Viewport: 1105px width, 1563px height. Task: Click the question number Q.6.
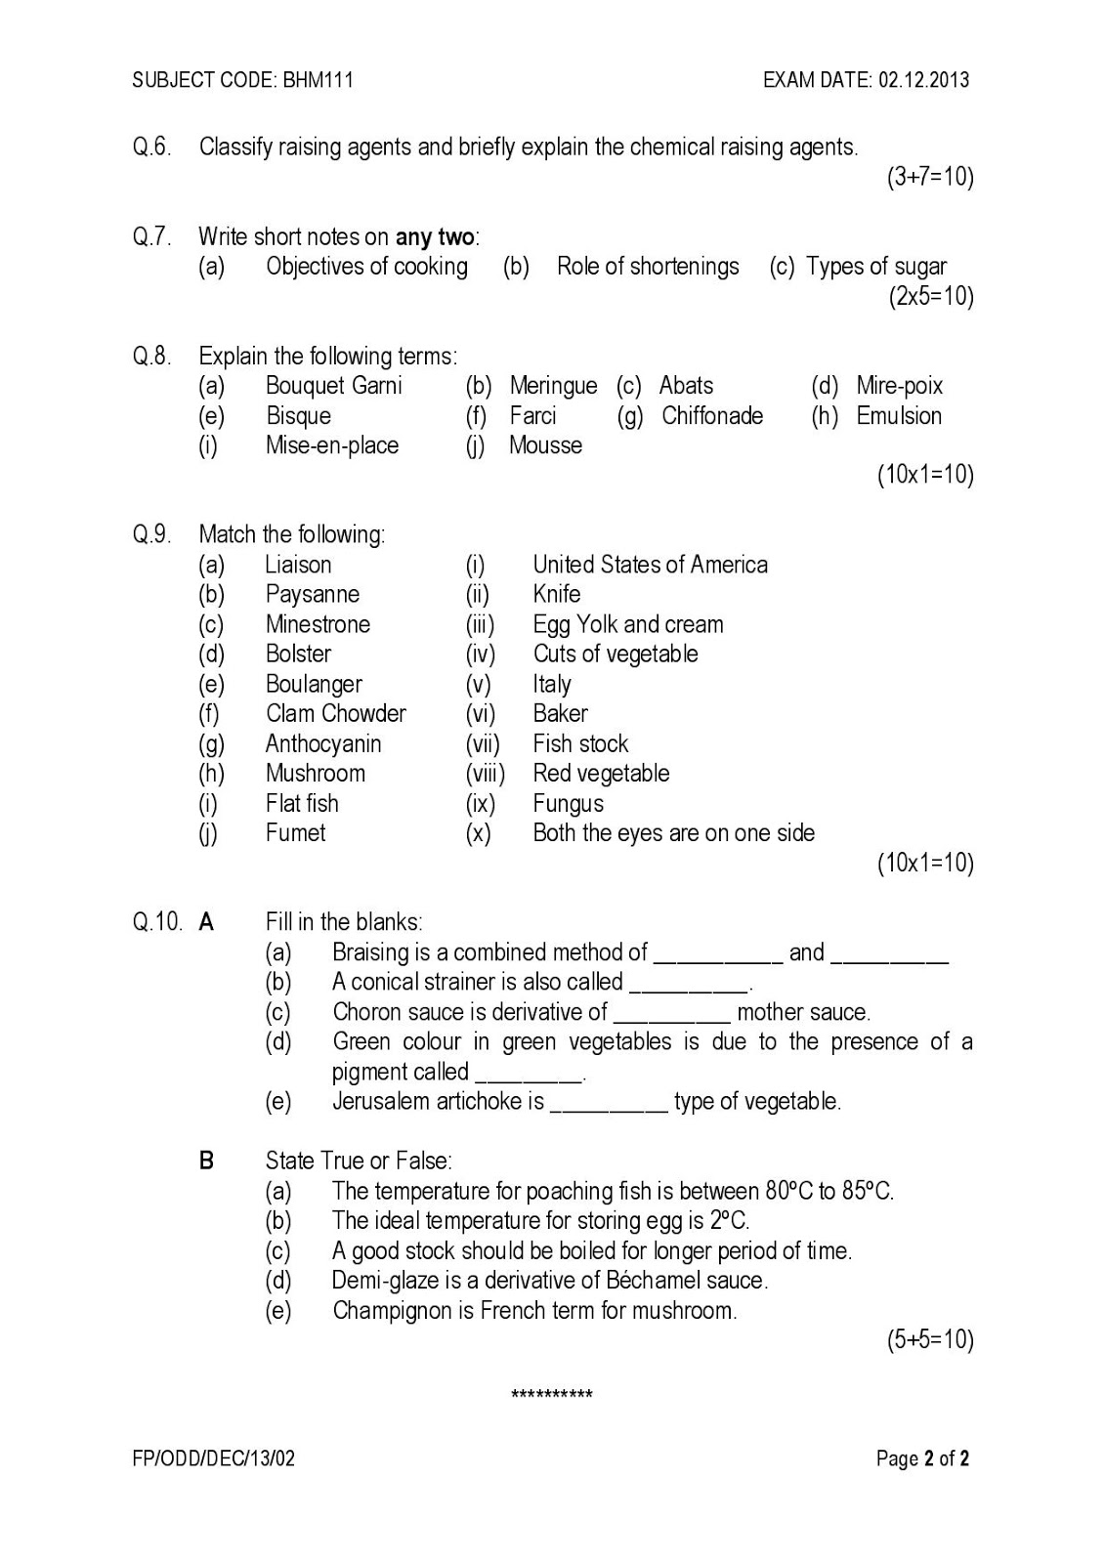(x=152, y=148)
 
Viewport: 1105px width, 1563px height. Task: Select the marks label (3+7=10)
(x=930, y=177)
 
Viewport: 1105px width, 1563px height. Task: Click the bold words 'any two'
(x=435, y=237)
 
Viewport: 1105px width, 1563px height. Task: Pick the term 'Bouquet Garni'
(x=333, y=386)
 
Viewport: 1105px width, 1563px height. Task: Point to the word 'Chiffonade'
(x=712, y=416)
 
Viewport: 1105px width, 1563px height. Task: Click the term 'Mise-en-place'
(x=332, y=445)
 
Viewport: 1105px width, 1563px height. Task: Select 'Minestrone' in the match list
(x=318, y=624)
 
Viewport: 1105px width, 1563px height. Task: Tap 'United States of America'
(x=650, y=565)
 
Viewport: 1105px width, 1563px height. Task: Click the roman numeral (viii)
(x=485, y=774)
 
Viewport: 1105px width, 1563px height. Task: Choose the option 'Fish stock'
(x=580, y=744)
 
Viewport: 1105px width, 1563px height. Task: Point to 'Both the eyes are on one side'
(x=673, y=833)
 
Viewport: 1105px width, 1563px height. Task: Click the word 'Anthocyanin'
(x=323, y=744)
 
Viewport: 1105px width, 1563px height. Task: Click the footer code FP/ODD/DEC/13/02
(x=214, y=1459)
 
